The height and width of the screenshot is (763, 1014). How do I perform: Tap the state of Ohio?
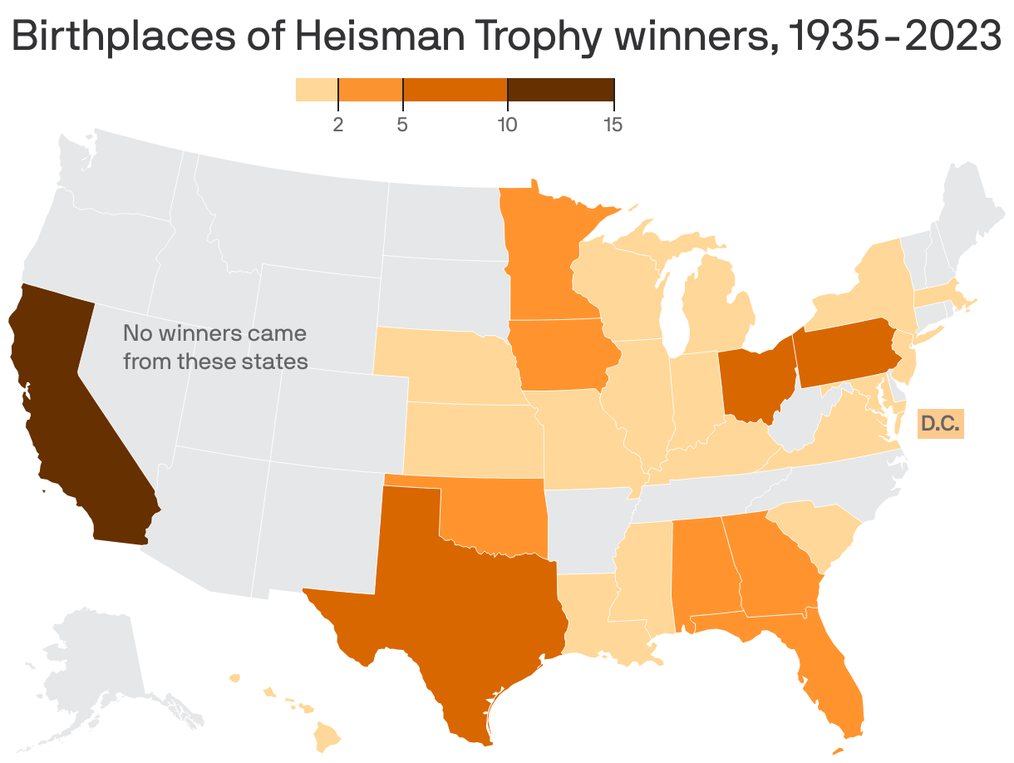coord(752,382)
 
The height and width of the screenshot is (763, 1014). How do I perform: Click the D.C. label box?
coord(941,424)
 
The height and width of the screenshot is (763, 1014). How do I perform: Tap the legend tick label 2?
coord(338,126)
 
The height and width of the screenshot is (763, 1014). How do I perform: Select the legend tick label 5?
coord(402,126)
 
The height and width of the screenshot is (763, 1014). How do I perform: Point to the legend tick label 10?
coord(507,126)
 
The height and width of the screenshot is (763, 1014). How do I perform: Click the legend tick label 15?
coord(613,126)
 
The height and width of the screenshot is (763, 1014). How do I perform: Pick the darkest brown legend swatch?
coord(560,90)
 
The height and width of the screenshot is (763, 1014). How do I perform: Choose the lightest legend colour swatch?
coord(317,90)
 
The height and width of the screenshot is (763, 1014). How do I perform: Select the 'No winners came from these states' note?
coord(215,347)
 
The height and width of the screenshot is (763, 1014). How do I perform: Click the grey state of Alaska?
coord(91,665)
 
